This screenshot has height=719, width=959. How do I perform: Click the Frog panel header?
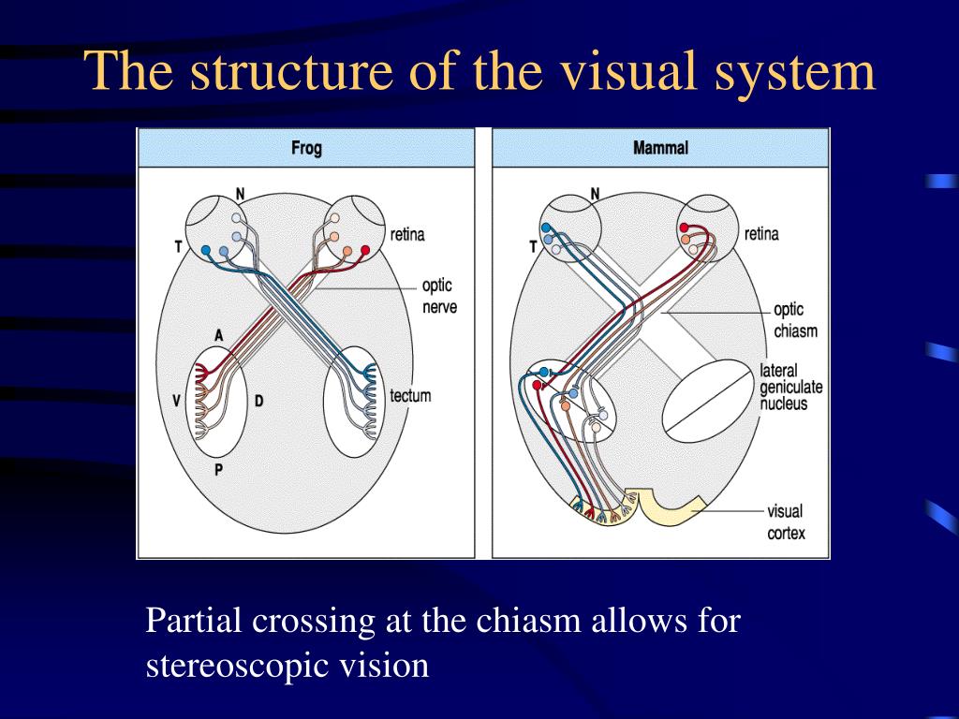click(306, 149)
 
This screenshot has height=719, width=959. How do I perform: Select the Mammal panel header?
click(660, 148)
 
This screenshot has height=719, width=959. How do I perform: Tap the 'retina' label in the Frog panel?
click(407, 234)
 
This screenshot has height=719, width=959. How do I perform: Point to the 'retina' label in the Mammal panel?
click(761, 233)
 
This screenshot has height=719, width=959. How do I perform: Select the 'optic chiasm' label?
click(795, 320)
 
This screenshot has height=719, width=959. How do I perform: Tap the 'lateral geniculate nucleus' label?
click(783, 388)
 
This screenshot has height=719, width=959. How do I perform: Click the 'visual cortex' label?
click(785, 522)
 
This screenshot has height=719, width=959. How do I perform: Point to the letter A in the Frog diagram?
click(218, 335)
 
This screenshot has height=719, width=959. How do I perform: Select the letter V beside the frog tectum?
click(176, 401)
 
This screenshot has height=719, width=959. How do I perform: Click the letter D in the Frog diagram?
click(258, 402)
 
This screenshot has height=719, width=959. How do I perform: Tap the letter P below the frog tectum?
click(218, 470)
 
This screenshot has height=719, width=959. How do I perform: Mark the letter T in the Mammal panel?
click(533, 247)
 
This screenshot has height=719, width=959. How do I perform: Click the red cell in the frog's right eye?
click(365, 250)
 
